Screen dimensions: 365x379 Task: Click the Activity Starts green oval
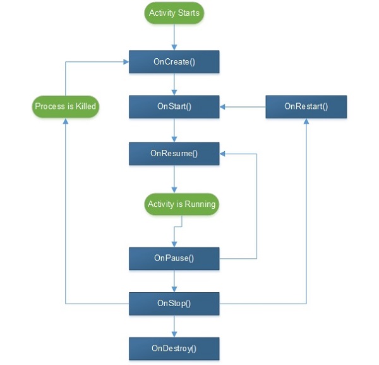174,13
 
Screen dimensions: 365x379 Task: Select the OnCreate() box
174,62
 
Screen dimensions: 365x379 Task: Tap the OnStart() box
174,106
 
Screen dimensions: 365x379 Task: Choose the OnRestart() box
306,106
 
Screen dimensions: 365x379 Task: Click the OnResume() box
174,153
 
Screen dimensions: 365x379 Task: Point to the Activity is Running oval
181,204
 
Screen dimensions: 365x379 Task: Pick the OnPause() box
174,258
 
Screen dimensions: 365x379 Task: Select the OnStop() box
174,304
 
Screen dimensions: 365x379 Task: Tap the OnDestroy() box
174,348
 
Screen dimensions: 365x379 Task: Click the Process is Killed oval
66,106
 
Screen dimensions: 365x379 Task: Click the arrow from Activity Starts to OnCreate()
174,37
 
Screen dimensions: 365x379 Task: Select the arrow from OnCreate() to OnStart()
174,84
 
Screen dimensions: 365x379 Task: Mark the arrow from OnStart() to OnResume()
174,130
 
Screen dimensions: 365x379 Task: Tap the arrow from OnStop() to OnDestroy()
174,326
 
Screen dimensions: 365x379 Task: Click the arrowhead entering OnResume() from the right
223,153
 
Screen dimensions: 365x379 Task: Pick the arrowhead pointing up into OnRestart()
306,121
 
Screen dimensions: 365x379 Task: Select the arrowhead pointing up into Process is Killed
66,121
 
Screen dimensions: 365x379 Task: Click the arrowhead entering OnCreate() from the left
125,62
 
